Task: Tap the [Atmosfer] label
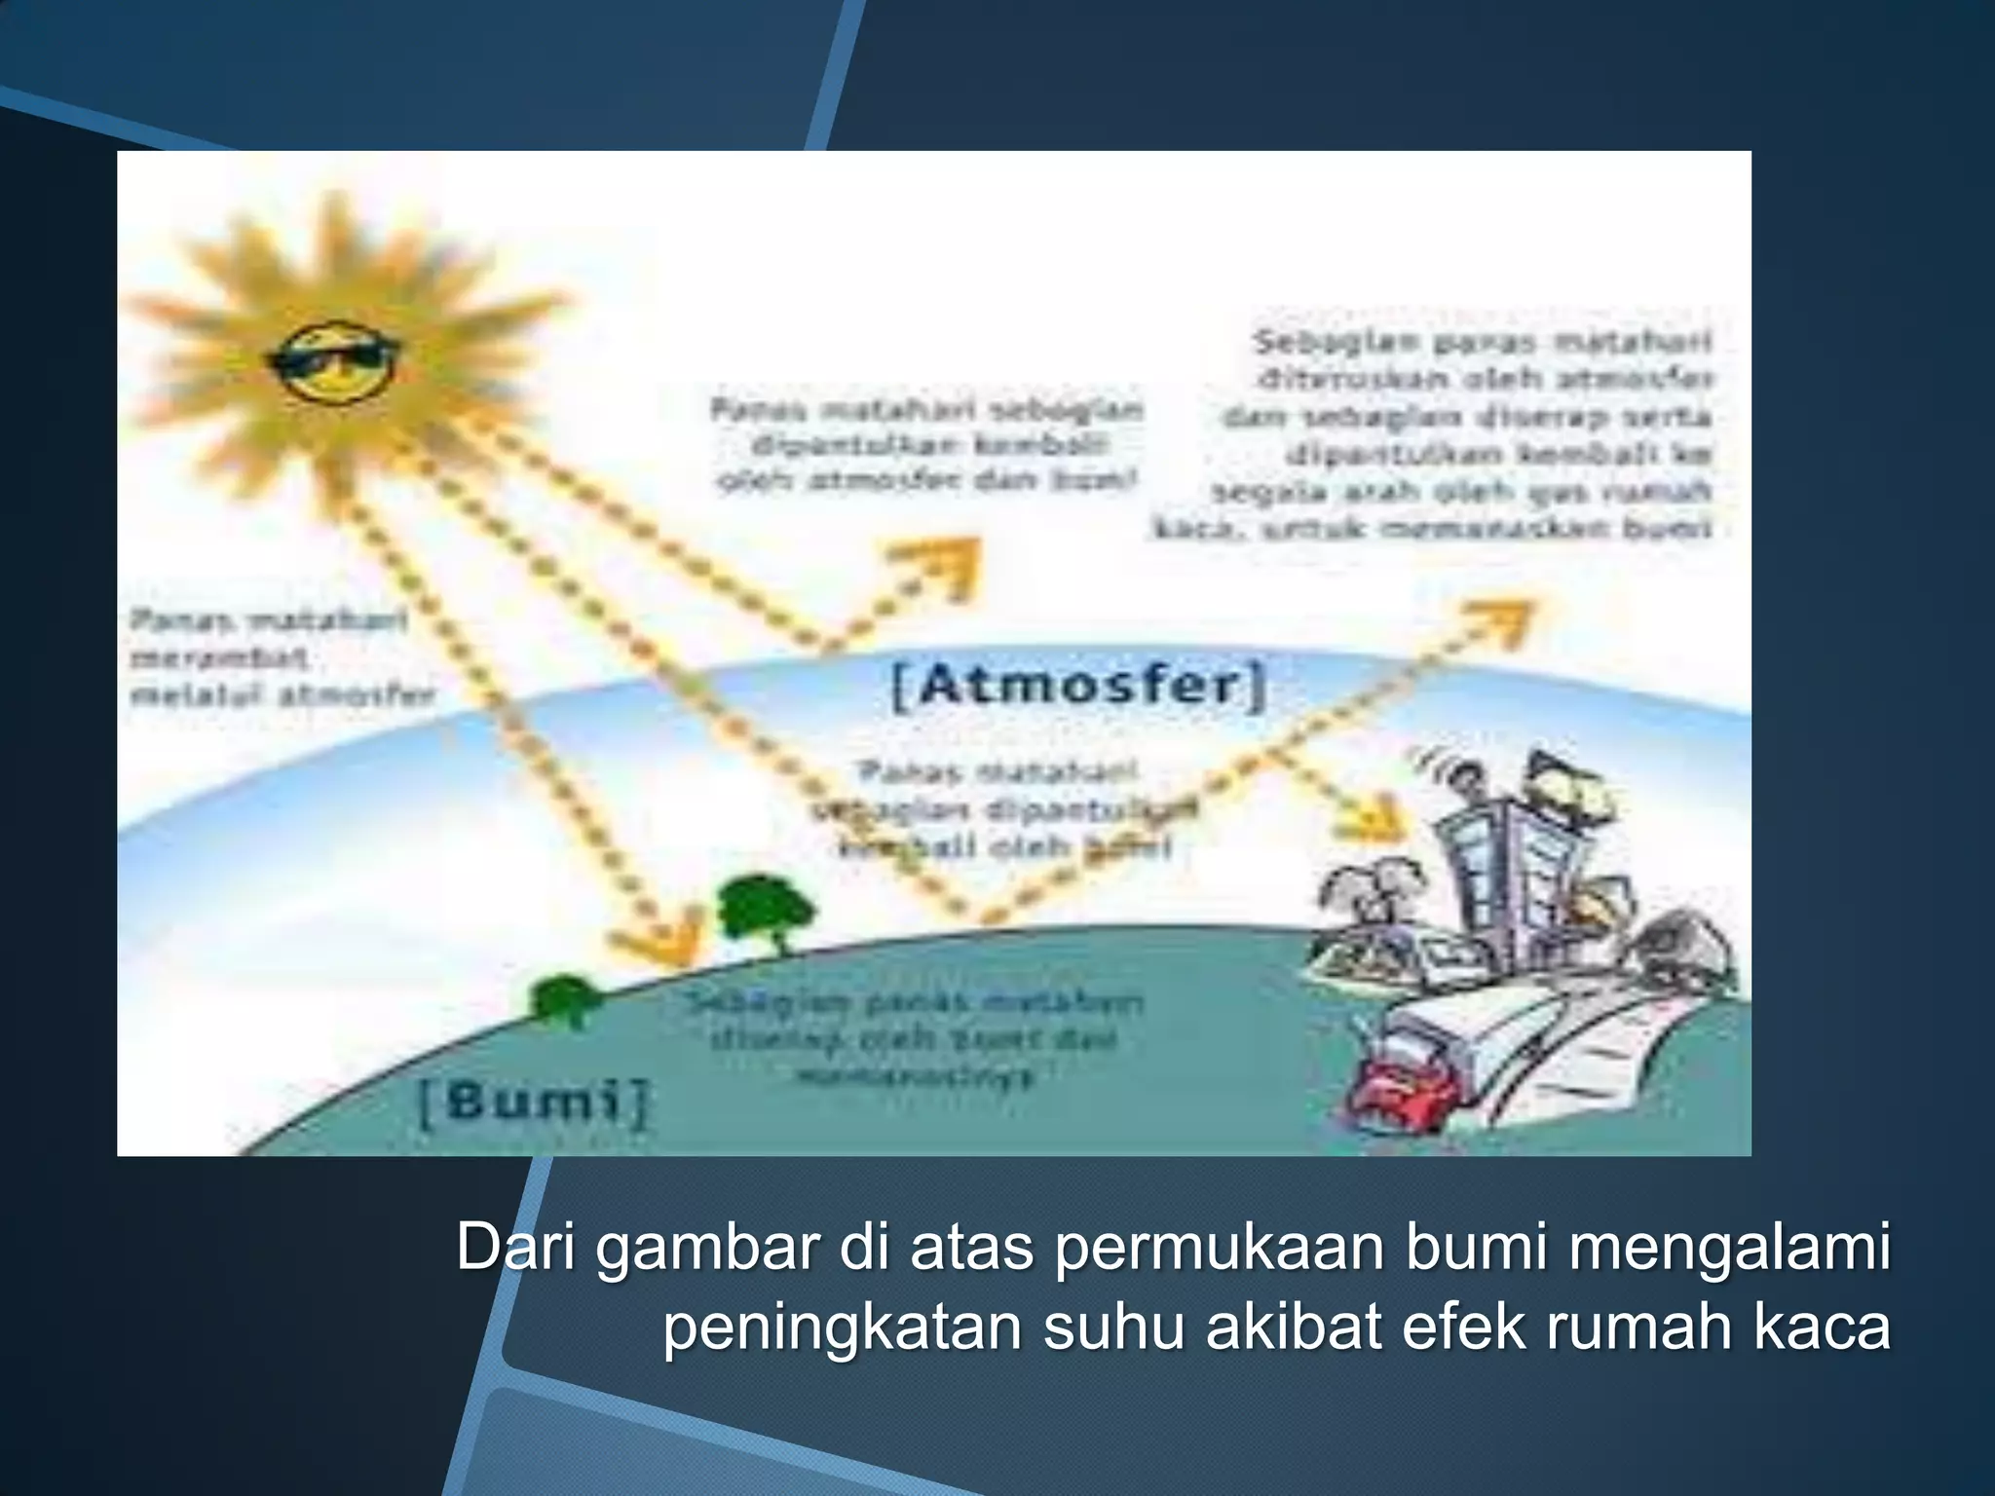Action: pyautogui.click(x=1079, y=687)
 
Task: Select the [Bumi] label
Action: pyautogui.click(x=533, y=1103)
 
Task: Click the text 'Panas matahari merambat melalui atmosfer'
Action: pyautogui.click(x=281, y=658)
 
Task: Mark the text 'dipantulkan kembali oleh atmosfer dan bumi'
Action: pyautogui.click(x=927, y=445)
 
